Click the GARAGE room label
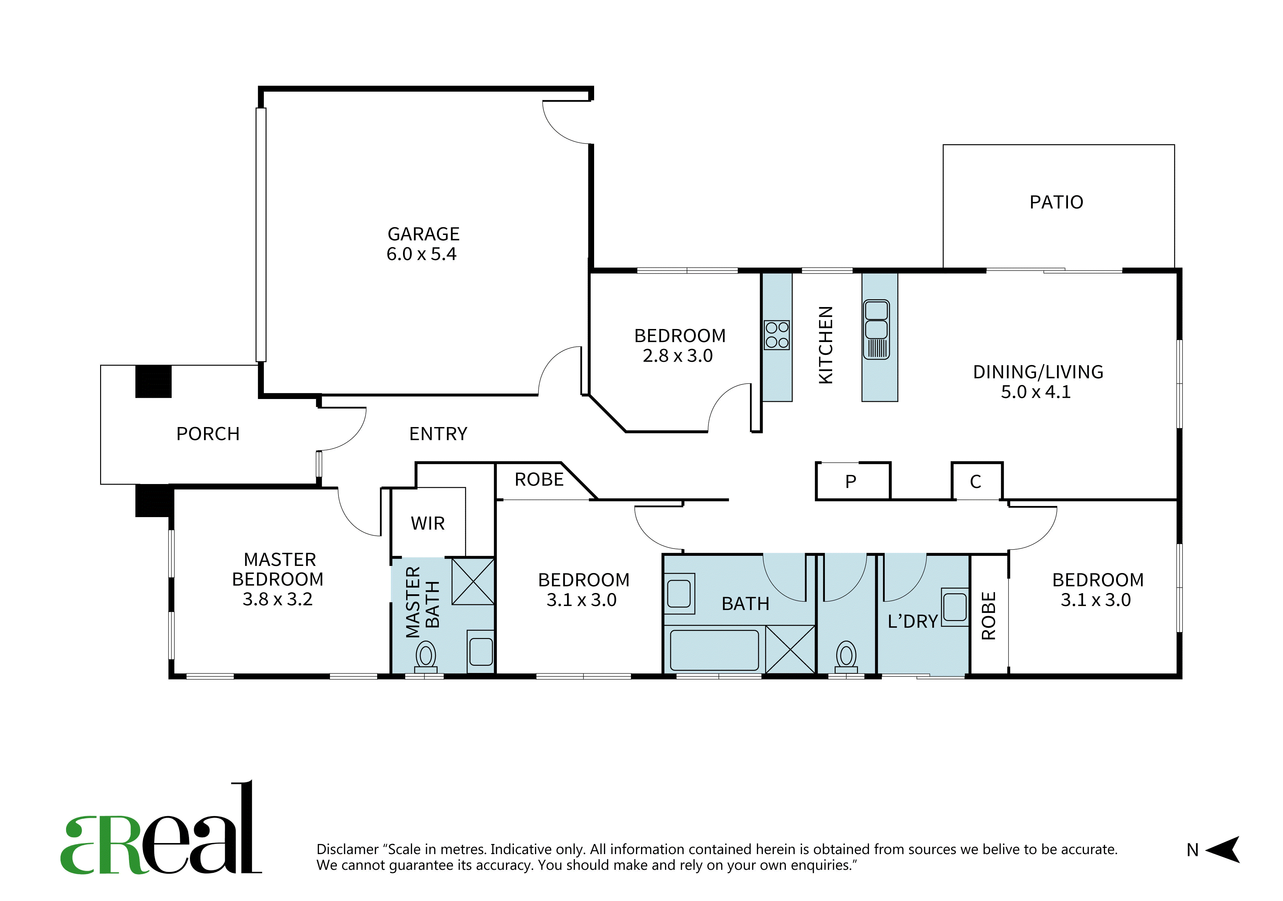pos(423,234)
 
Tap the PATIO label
pos(1056,202)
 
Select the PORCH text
pos(208,434)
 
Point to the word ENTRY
pos(438,434)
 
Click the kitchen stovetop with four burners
pos(777,335)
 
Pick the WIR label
pos(428,524)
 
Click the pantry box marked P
pos(853,481)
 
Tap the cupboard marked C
pos(977,481)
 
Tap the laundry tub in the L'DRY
pos(955,607)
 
